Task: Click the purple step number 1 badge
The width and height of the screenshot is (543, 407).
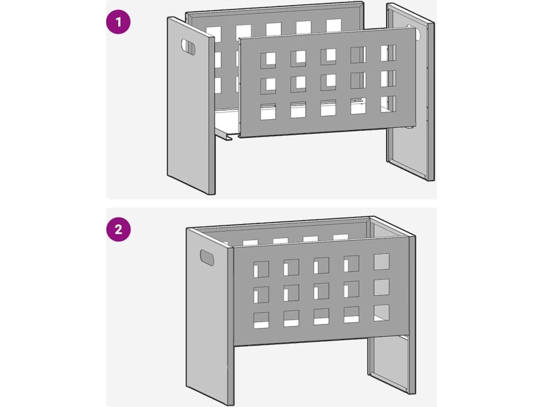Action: coord(118,22)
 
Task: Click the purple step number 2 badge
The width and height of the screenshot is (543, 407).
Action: coord(118,229)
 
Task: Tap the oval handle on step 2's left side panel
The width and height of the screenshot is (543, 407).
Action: coord(207,258)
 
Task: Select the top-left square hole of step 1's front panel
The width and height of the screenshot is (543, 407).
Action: coord(268,60)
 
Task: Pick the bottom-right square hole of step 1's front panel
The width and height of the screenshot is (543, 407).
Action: coord(388,104)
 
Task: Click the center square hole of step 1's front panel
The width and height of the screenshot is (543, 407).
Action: coord(328,82)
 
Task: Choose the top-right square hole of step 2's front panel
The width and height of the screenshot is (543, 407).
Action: coord(382,262)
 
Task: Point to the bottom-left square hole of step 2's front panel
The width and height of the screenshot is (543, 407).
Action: coord(261,321)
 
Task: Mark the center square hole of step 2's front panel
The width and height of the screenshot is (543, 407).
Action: coord(321,291)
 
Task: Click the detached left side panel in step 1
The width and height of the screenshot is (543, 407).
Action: coord(191,105)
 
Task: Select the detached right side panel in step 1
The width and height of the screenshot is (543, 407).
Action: coord(410,92)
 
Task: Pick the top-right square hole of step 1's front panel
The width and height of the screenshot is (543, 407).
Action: coord(388,53)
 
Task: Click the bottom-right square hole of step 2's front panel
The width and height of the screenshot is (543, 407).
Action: coord(382,313)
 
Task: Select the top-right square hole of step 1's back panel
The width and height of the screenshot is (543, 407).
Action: coord(334,26)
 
